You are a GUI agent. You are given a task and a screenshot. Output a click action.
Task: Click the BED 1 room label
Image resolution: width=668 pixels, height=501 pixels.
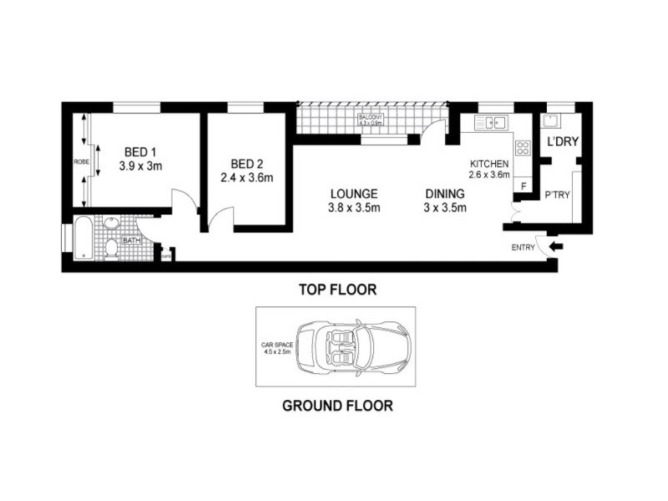click(140, 152)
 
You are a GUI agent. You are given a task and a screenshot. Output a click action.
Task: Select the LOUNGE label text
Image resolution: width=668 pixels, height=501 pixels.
click(353, 193)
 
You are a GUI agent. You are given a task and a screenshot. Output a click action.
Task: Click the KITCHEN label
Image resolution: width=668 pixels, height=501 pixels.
click(489, 163)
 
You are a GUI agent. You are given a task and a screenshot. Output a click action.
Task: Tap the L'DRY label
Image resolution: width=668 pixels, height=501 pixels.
click(562, 143)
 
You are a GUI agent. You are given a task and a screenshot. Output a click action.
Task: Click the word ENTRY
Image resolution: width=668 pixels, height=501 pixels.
click(524, 247)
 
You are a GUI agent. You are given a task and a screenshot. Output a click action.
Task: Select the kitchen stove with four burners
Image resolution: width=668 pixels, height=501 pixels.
click(524, 149)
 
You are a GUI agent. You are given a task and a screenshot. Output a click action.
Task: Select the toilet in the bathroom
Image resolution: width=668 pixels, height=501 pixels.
click(112, 248)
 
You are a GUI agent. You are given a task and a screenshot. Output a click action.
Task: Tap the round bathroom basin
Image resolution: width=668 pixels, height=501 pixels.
click(112, 223)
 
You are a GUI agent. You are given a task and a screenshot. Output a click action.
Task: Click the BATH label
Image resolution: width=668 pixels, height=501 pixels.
click(131, 240)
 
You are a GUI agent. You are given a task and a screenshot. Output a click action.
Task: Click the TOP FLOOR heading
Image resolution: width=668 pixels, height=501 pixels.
click(337, 291)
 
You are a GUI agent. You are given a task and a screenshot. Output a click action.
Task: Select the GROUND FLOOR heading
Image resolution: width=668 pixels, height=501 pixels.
click(337, 407)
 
